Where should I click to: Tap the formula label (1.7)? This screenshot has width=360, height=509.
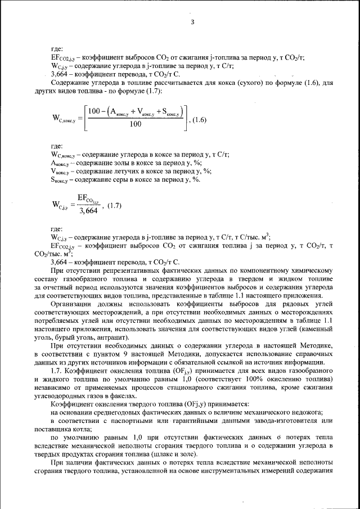pyautogui.click(x=114, y=205)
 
